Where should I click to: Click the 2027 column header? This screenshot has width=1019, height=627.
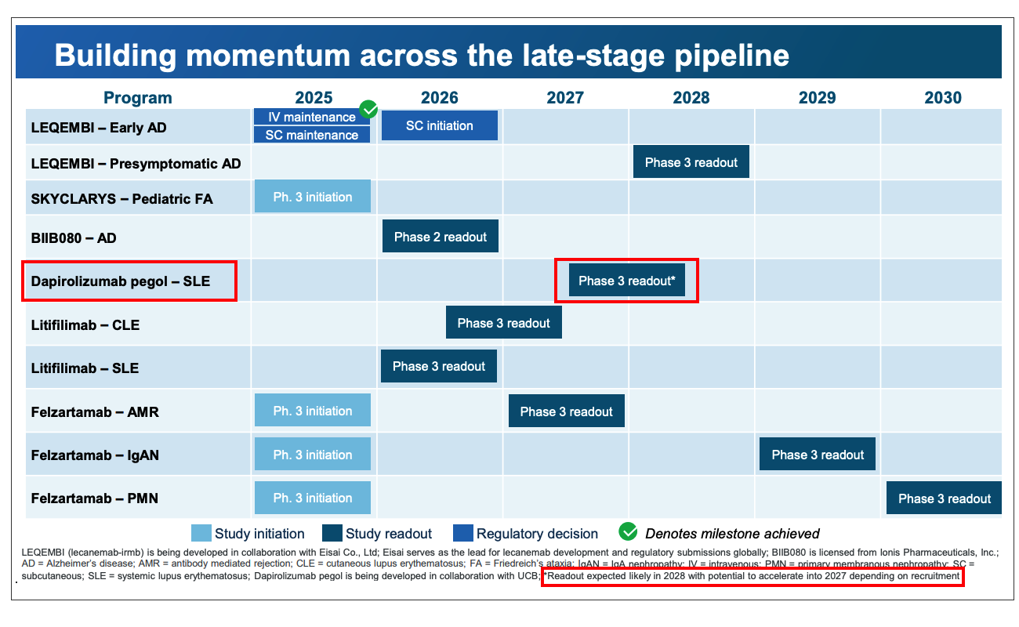click(565, 98)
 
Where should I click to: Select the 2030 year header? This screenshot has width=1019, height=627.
click(943, 98)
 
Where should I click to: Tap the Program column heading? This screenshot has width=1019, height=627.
click(138, 98)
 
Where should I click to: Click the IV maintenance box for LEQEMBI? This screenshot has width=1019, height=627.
click(312, 117)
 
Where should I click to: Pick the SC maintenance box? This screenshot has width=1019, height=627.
click(312, 135)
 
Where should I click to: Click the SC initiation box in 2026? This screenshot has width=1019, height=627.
click(440, 125)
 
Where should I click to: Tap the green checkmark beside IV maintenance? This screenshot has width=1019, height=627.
click(368, 109)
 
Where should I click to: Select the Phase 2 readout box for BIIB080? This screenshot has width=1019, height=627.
click(441, 236)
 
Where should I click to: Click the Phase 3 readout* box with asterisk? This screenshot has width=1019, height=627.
click(627, 281)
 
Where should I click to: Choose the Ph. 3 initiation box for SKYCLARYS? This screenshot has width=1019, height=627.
click(313, 196)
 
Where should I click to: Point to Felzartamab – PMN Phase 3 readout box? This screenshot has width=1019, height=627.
click(944, 498)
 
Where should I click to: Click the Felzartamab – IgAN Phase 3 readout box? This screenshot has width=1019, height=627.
click(818, 454)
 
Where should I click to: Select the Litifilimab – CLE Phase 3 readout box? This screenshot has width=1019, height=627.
click(503, 323)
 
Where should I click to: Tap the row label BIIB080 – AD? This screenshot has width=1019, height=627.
click(74, 238)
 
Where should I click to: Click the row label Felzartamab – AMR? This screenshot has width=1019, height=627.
click(95, 412)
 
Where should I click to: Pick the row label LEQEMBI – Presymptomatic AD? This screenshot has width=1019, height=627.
click(136, 164)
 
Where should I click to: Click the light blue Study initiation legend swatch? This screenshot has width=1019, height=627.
click(201, 533)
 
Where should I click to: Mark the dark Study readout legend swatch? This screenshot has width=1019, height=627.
click(332, 533)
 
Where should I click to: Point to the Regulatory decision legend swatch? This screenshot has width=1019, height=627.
click(463, 533)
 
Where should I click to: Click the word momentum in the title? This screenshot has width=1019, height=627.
click(268, 56)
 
